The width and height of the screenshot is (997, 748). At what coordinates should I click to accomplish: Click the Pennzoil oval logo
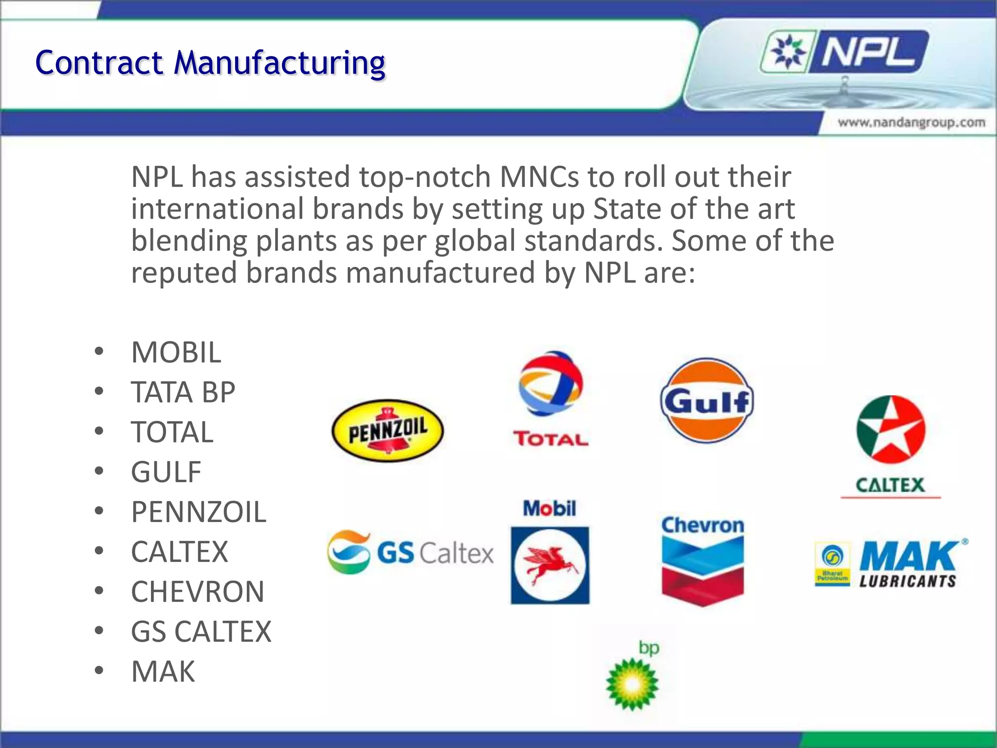(388, 430)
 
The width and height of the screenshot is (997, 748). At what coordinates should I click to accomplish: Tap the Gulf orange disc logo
(707, 401)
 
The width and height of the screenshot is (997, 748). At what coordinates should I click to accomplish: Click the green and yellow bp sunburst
(632, 684)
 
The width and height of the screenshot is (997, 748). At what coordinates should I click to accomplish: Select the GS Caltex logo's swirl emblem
(349, 552)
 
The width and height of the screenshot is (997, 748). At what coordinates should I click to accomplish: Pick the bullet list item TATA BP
(183, 392)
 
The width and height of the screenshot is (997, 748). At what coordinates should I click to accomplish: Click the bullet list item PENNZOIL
(199, 512)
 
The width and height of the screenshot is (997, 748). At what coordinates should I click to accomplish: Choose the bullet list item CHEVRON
(197, 592)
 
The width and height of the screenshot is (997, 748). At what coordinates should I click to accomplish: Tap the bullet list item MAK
(163, 672)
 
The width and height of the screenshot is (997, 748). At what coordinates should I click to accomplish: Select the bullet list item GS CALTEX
(201, 632)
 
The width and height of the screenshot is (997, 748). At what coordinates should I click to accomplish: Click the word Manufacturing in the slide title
(279, 63)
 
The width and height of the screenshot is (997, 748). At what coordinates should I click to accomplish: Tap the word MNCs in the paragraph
(539, 176)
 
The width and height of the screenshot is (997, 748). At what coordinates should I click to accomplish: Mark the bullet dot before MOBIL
(99, 352)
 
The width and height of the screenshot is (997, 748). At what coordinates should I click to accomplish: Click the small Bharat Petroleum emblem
(832, 563)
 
